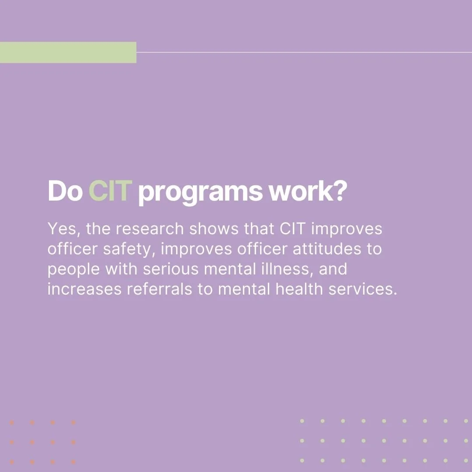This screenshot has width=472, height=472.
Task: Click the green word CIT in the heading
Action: tap(110, 191)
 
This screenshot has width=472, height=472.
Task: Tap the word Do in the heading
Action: tap(65, 191)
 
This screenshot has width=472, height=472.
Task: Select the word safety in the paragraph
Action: tap(134, 250)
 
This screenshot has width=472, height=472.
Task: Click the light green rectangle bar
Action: tap(68, 52)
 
